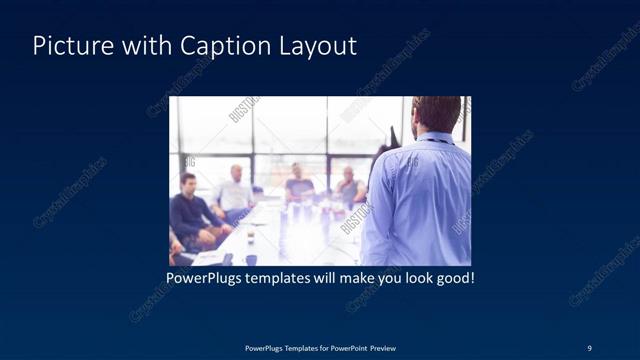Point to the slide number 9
click(589, 347)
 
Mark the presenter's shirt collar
click(437, 137)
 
